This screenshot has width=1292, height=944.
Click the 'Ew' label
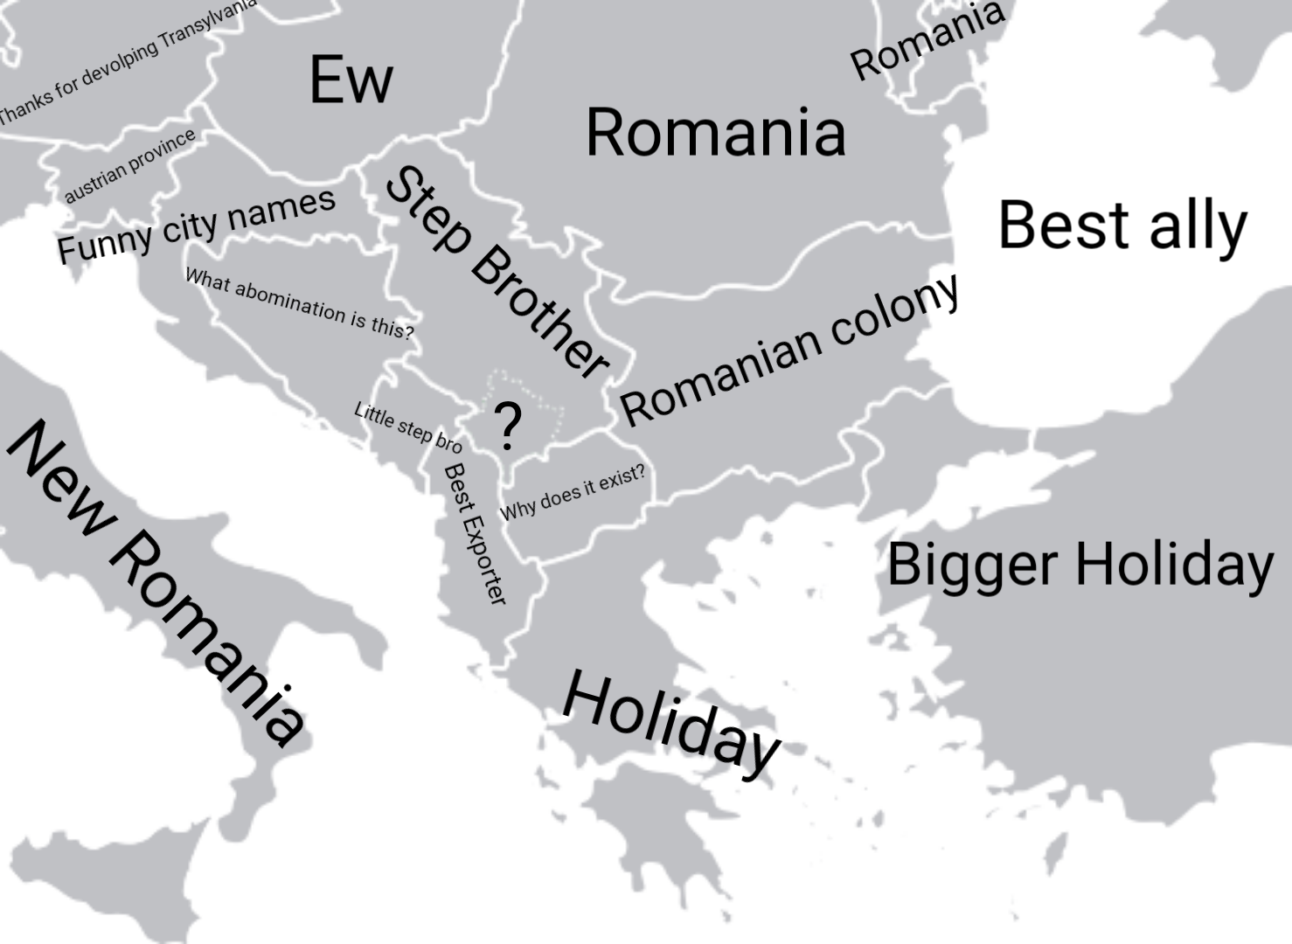pos(351,80)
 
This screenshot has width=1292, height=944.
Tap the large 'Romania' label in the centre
pos(715,133)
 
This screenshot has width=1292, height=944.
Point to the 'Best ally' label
pos(1122,226)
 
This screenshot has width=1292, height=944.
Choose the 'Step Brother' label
pos(497,272)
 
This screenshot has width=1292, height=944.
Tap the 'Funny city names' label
pos(197,225)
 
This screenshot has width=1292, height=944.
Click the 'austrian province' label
pos(130,165)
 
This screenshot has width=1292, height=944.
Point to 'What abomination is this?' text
pos(300,303)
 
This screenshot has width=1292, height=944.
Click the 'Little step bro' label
pos(407,427)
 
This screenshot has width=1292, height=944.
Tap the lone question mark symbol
pos(507,427)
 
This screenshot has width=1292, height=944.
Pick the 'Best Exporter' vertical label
pos(475,534)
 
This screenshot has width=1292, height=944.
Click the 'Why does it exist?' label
pos(573,491)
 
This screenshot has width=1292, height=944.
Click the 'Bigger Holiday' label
pos(1080,565)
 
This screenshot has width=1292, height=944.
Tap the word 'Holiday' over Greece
pos(671,723)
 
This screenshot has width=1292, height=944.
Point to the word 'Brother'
pos(539,312)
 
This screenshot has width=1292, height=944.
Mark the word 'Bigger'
pos(973,565)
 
